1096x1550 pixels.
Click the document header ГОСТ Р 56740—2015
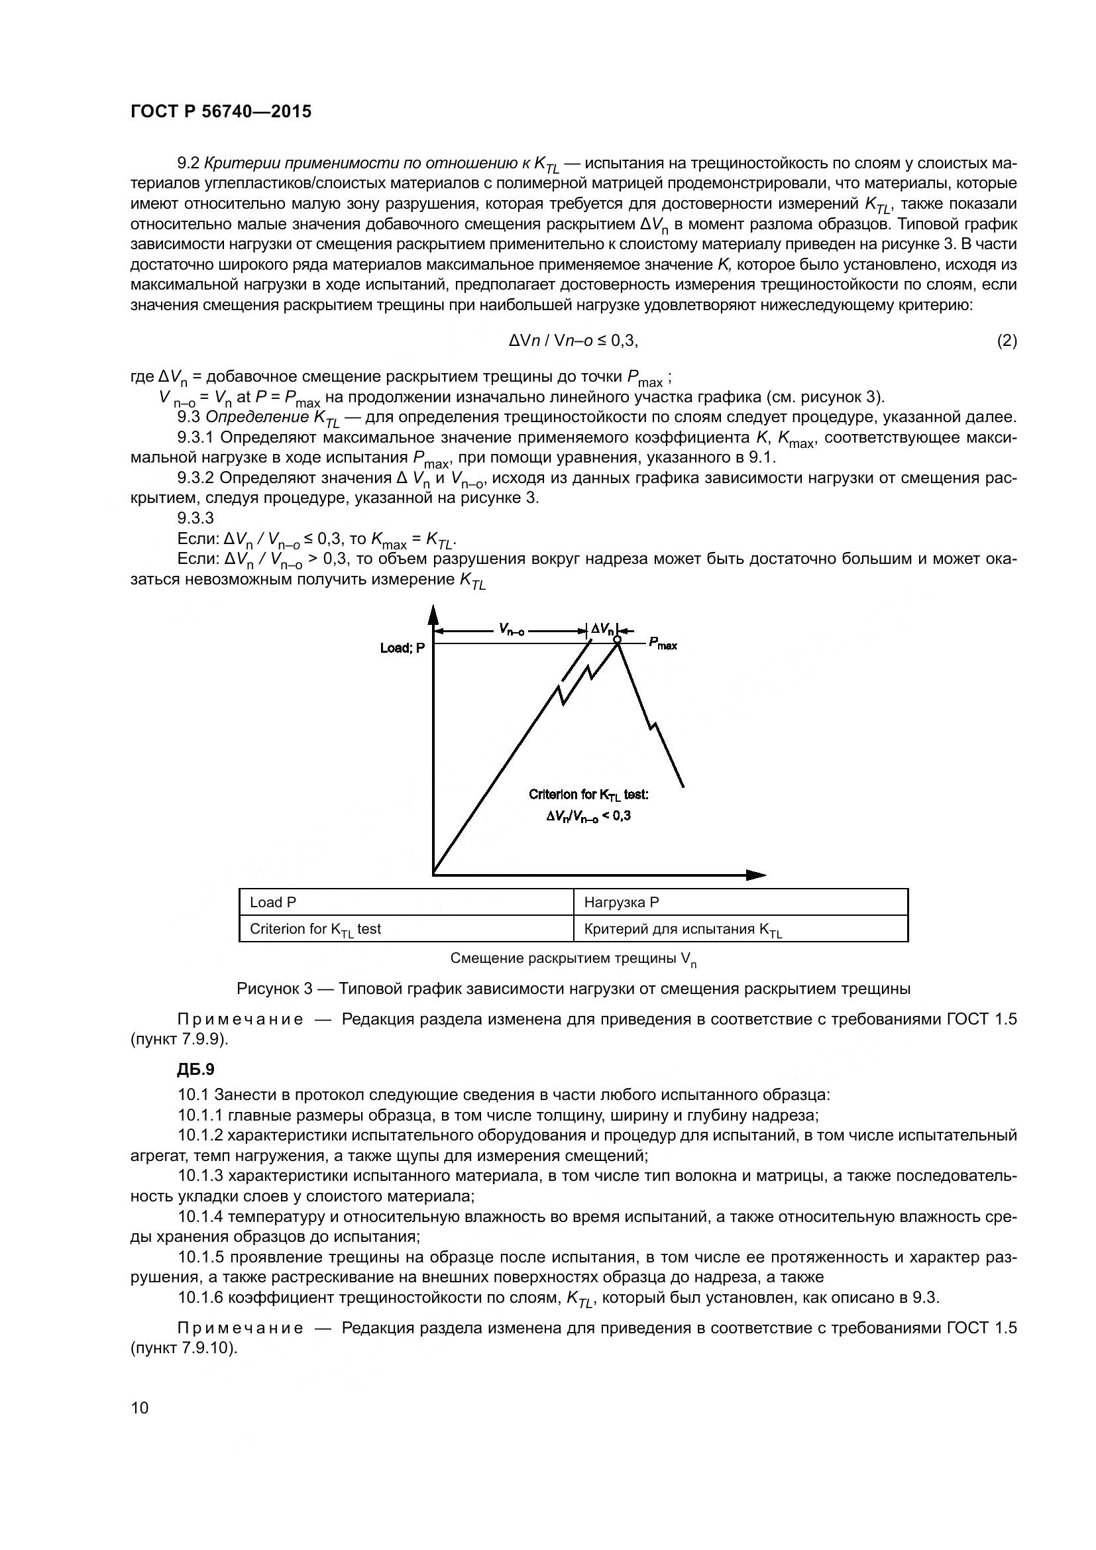(221, 112)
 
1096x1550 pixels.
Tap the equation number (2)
(1007, 341)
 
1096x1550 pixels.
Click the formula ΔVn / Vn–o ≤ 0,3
(573, 341)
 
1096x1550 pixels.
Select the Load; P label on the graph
(403, 648)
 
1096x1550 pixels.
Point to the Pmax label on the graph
(663, 644)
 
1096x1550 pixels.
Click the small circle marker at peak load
(617, 639)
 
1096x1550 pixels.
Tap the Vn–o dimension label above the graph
(511, 630)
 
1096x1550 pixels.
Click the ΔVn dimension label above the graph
(602, 630)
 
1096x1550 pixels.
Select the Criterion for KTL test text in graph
(588, 795)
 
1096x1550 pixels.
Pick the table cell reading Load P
(272, 903)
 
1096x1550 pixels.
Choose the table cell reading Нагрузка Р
(621, 903)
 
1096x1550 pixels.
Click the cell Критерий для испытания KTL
(683, 930)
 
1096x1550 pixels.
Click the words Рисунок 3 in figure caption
(274, 989)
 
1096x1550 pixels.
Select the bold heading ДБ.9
(195, 1070)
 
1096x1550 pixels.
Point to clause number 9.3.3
(195, 518)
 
